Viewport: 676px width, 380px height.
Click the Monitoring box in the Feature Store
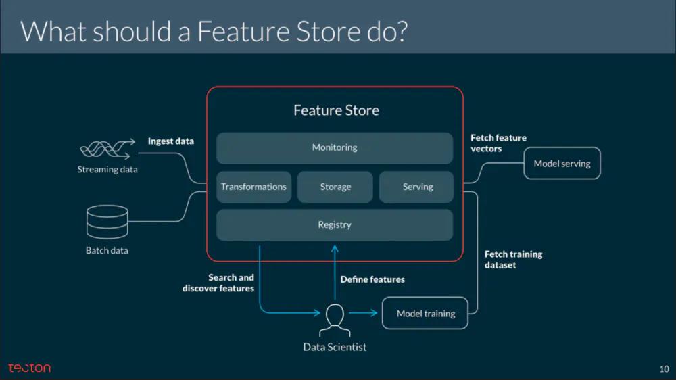click(335, 147)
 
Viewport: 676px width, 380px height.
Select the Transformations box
click(254, 187)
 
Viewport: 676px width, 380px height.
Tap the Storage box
click(335, 187)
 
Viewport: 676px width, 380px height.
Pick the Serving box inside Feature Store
click(417, 187)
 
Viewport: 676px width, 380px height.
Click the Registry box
click(335, 224)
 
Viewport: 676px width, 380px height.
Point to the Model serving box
click(562, 163)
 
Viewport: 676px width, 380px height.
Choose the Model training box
click(425, 313)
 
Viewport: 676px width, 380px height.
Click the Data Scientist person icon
click(335, 320)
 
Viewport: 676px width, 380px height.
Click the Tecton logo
click(29, 368)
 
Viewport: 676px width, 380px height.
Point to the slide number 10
click(664, 369)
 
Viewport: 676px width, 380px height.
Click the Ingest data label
click(171, 141)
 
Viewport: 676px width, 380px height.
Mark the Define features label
click(372, 279)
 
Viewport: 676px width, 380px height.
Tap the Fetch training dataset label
click(513, 260)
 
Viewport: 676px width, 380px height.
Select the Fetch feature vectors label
click(498, 143)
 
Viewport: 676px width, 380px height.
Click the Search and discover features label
click(218, 283)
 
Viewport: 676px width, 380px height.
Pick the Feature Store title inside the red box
click(336, 110)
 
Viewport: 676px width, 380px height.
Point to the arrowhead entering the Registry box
click(335, 247)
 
